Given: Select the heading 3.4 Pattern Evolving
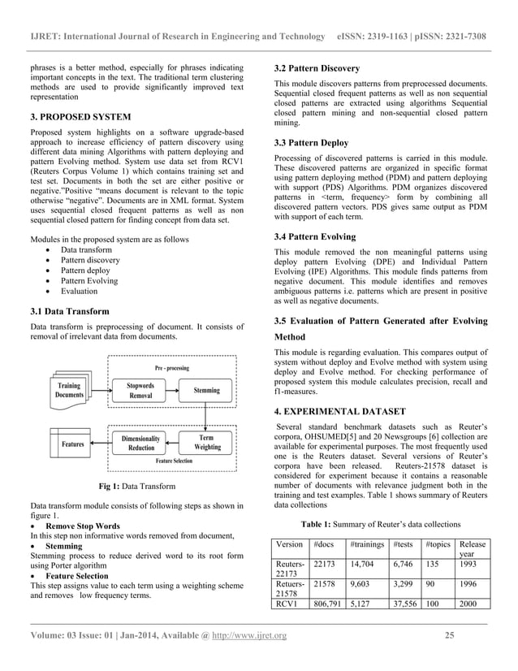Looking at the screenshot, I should (314, 236).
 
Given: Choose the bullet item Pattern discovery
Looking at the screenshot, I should (92, 260).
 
